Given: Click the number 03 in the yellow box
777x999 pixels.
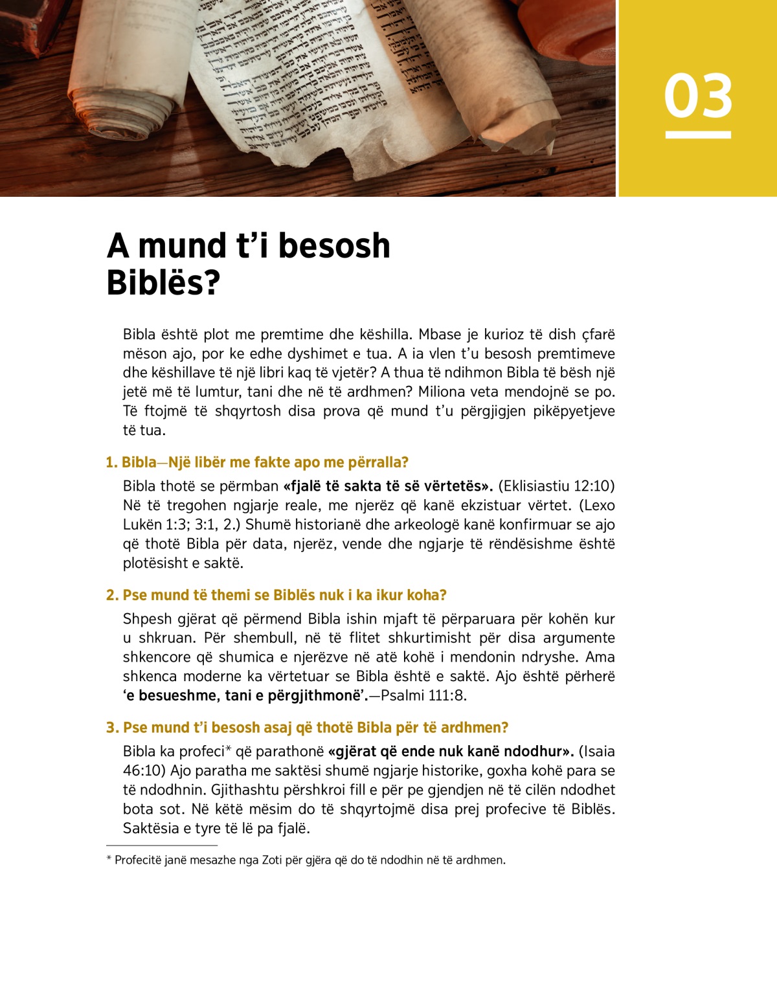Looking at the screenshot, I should pos(698,96).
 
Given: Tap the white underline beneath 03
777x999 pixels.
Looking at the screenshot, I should pos(698,135).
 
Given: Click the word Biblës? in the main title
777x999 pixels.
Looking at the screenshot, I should pos(163,283).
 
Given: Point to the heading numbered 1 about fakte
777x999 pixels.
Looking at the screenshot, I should pos(257,462).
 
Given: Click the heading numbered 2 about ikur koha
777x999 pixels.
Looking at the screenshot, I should pos(276,595).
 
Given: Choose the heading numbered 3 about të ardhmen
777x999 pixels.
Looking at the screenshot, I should pos(308,728).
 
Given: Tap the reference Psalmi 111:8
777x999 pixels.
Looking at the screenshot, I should pos(423,696).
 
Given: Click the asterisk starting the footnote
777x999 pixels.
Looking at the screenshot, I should pos(109,859).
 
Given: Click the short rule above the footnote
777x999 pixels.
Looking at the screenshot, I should pos(162,846).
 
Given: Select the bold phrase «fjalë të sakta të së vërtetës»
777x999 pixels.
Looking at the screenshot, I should pos(388,486).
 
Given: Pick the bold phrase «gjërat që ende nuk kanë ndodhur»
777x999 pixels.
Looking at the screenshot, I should pos(451,752).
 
